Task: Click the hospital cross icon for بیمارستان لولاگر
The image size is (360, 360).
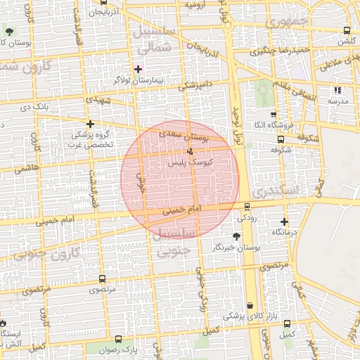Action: (x=138, y=69)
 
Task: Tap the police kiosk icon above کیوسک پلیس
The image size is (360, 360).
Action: (x=190, y=152)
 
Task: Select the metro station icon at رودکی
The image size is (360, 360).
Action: (x=246, y=206)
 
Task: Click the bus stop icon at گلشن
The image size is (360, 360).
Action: (x=347, y=31)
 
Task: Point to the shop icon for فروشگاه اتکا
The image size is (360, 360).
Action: (x=274, y=114)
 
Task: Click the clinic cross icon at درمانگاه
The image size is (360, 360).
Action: (x=284, y=221)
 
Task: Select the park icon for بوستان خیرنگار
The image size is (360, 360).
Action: (x=235, y=237)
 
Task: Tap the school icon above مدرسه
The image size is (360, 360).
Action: (x=337, y=90)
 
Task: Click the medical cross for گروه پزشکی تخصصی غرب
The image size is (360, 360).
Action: (x=90, y=124)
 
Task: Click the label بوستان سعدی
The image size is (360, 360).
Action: (x=185, y=134)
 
